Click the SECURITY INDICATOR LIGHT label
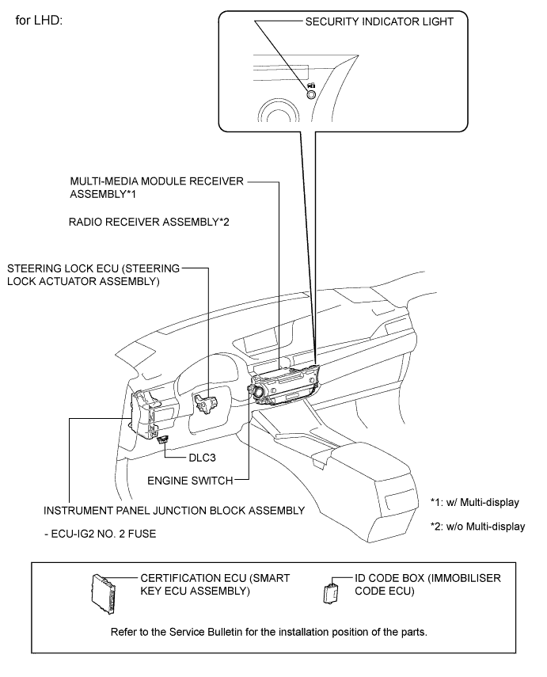click(x=379, y=22)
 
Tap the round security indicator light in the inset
click(x=311, y=93)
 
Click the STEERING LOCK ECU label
click(x=93, y=274)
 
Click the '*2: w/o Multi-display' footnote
click(x=477, y=527)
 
